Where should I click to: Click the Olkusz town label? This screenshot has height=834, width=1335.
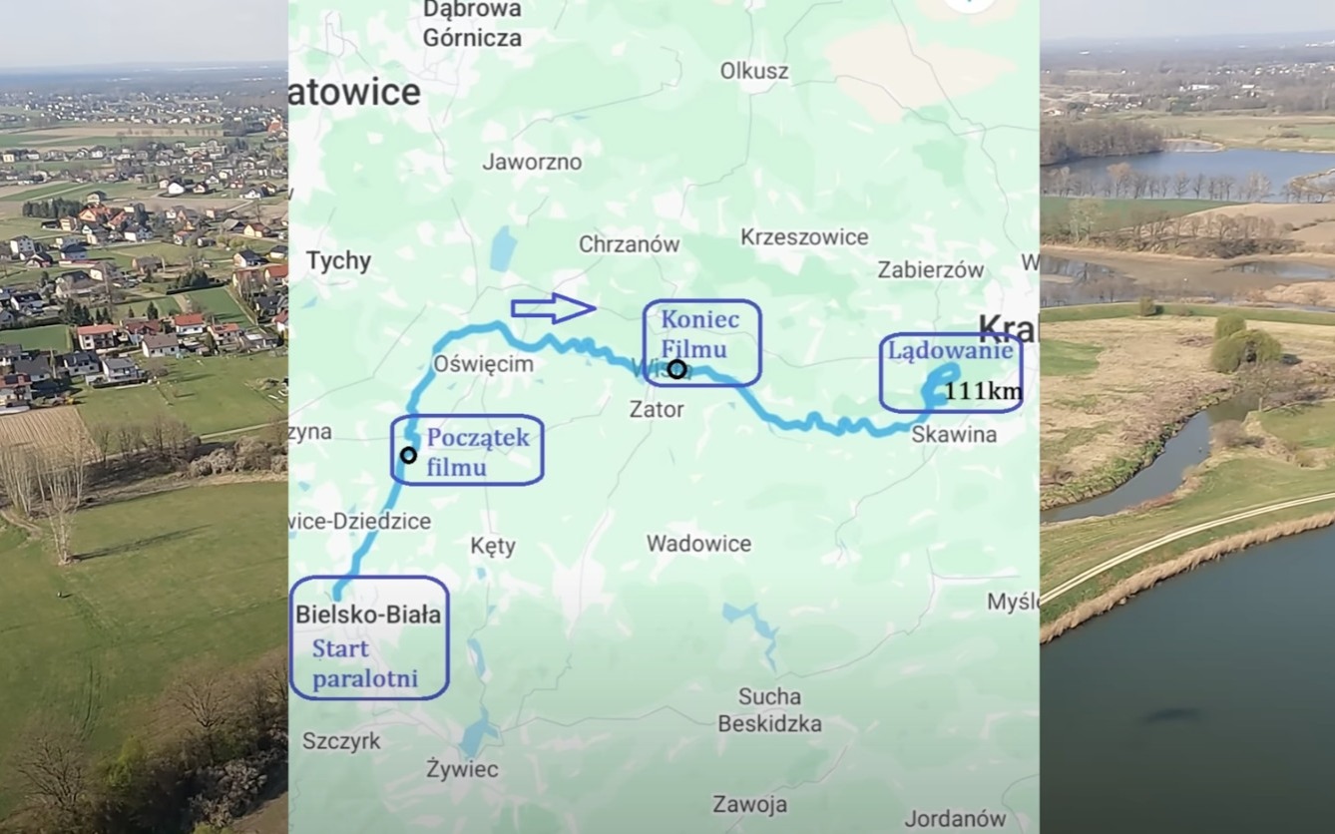point(754,71)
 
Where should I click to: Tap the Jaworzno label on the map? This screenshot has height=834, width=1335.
point(532,162)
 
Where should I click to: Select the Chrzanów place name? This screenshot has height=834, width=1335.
point(629,243)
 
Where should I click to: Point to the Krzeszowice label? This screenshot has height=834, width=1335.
point(804,236)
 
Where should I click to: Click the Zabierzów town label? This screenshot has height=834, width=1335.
point(931,269)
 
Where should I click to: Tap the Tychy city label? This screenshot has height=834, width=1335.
point(339,261)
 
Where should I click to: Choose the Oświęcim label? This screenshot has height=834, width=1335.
point(483,364)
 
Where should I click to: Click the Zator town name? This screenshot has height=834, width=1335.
point(657,409)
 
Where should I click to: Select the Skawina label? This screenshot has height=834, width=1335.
point(954,434)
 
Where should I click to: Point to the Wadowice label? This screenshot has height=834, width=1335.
point(698,544)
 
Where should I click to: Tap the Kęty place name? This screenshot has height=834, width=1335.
point(493,546)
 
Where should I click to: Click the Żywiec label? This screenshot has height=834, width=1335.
point(462,769)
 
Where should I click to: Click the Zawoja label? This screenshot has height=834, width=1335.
point(749,804)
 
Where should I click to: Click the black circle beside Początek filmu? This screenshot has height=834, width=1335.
point(408,455)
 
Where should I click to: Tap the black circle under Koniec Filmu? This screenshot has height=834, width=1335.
point(676,369)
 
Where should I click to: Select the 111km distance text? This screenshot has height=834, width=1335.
point(983,391)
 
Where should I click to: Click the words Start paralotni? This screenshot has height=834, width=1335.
point(364,664)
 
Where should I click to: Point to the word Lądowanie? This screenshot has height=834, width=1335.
point(950,350)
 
